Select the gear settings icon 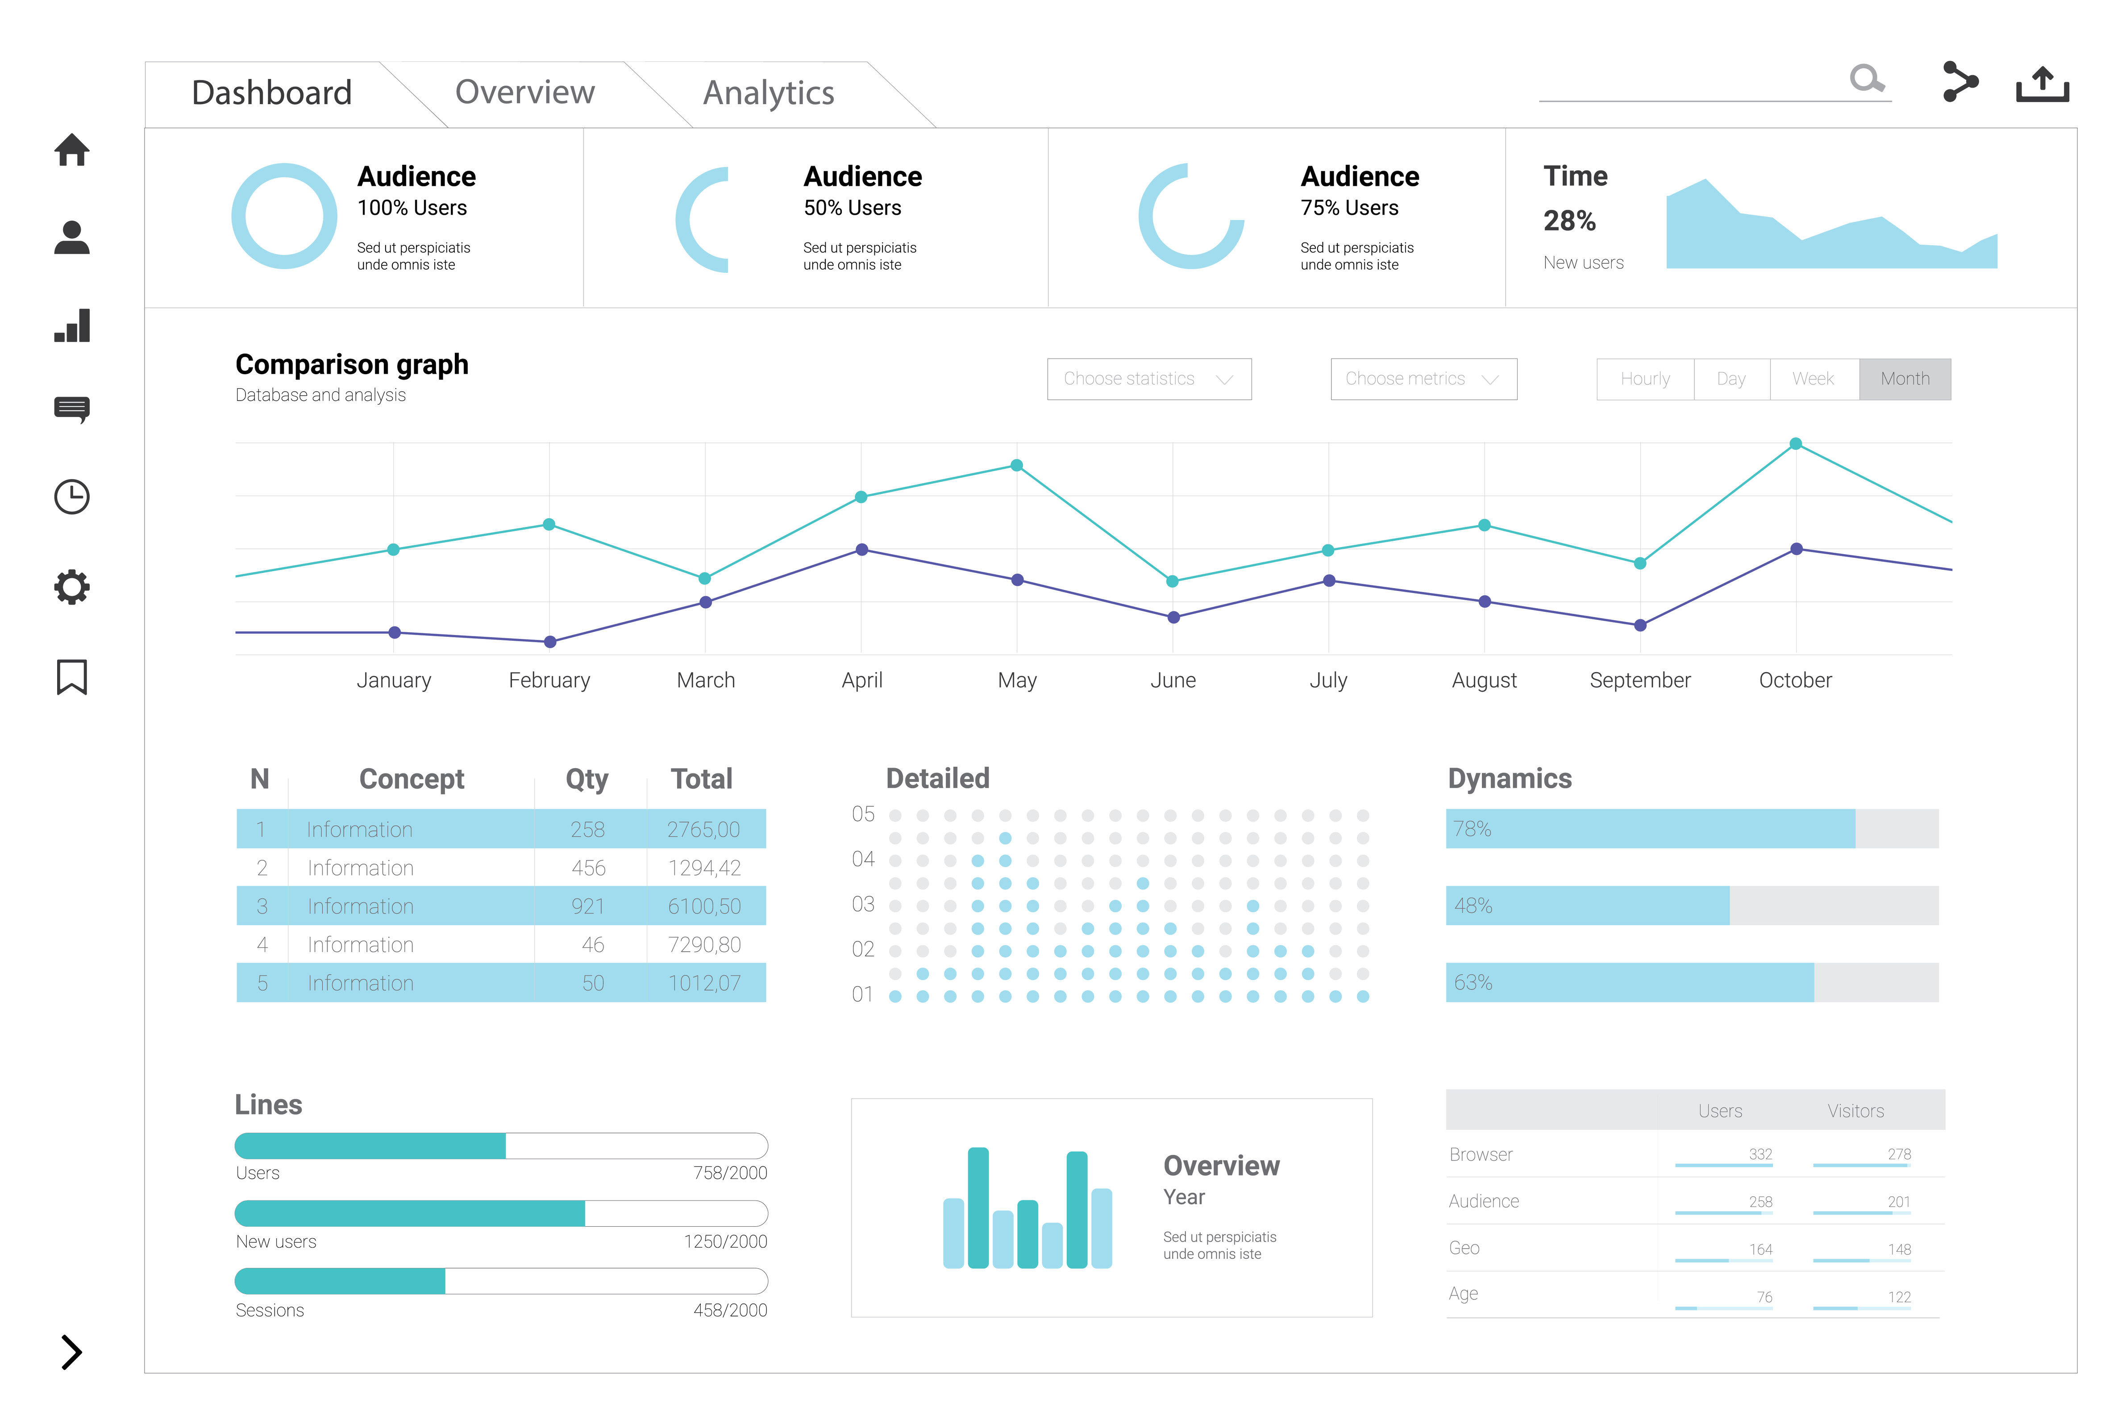tap(72, 587)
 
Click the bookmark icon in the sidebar tap(72, 677)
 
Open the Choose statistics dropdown tap(1148, 379)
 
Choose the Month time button tap(1905, 379)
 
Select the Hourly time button tap(1644, 379)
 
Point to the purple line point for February tap(550, 642)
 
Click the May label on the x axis tap(1017, 681)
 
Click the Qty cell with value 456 tap(589, 868)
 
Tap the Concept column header tap(412, 779)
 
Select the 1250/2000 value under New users tap(725, 1242)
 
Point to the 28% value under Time tap(1569, 221)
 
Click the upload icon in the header tap(2042, 84)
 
